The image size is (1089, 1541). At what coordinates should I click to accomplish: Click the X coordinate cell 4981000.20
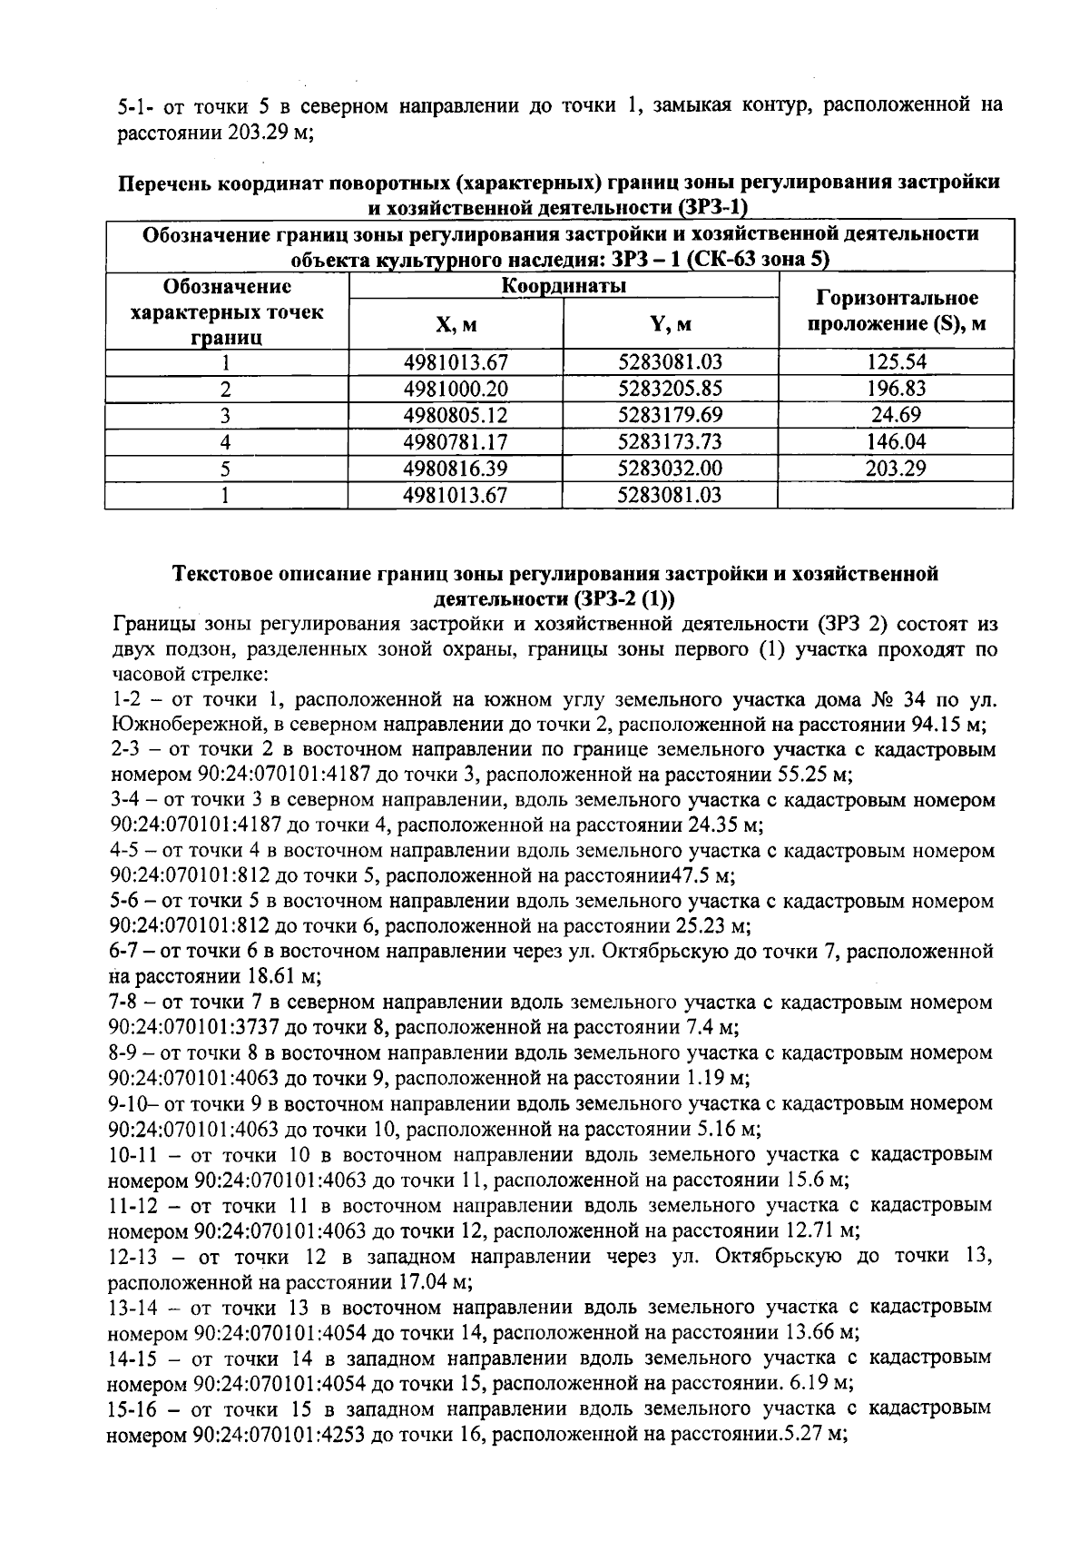456,389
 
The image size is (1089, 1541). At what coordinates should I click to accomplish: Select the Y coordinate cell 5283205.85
671,389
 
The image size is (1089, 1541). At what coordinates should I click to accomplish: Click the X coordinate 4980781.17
456,442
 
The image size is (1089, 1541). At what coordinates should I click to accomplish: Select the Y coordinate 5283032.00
671,469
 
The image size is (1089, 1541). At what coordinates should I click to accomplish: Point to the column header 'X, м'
456,324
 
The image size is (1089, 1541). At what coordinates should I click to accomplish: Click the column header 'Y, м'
671,324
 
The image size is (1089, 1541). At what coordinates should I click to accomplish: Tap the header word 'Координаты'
564,286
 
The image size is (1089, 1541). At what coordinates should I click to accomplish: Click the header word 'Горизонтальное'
898,298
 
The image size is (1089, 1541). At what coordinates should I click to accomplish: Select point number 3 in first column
226,415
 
